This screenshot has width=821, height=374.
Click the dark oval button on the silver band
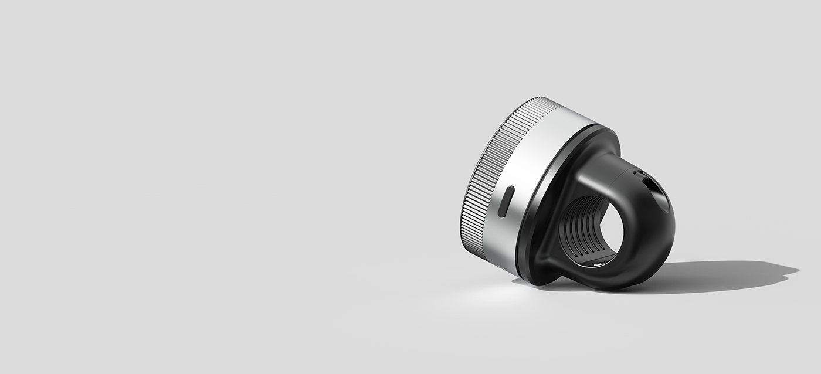506,201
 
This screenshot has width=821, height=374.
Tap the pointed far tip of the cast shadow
796,271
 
